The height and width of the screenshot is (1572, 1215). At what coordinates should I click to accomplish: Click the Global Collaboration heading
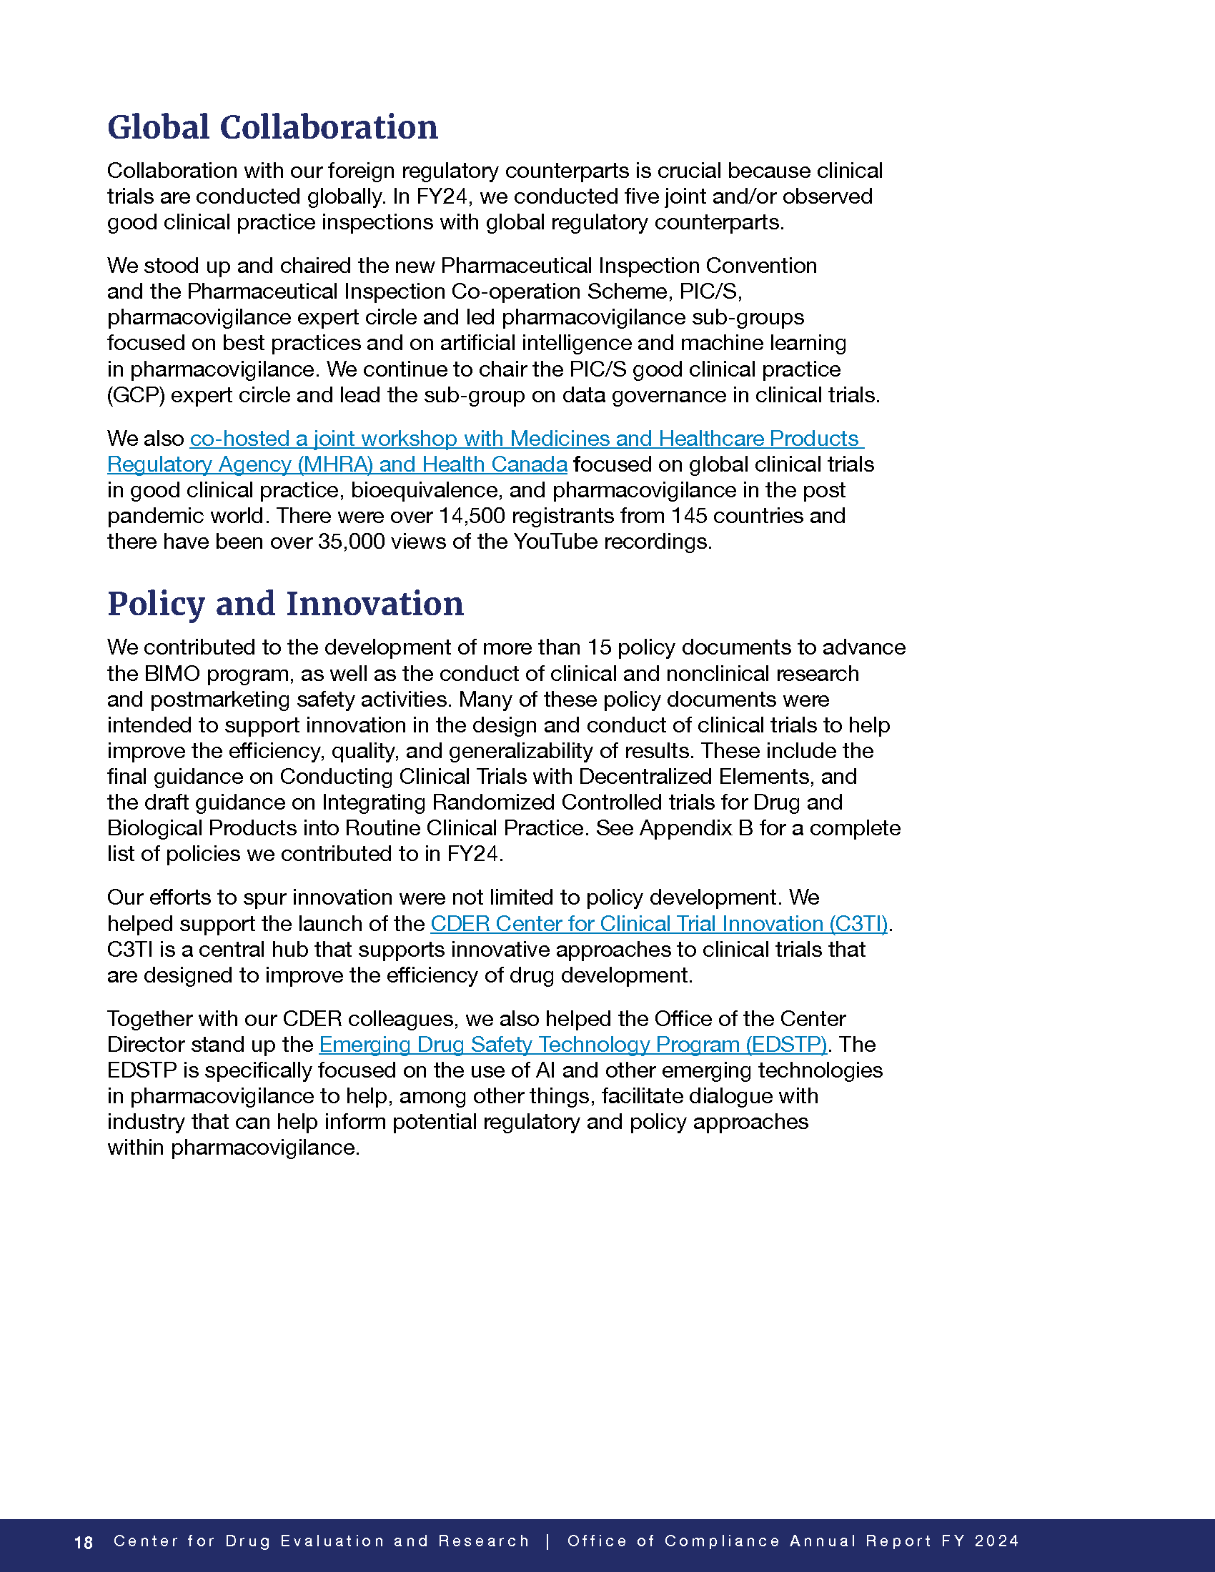272,127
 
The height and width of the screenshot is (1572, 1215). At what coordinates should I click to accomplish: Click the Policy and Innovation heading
285,603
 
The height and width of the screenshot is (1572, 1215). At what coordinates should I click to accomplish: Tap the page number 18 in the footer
84,1543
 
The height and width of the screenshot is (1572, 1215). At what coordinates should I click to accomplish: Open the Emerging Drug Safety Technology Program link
572,1045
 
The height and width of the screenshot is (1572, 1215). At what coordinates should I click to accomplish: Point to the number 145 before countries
690,516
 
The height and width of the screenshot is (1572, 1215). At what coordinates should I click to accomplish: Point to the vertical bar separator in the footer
548,1541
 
